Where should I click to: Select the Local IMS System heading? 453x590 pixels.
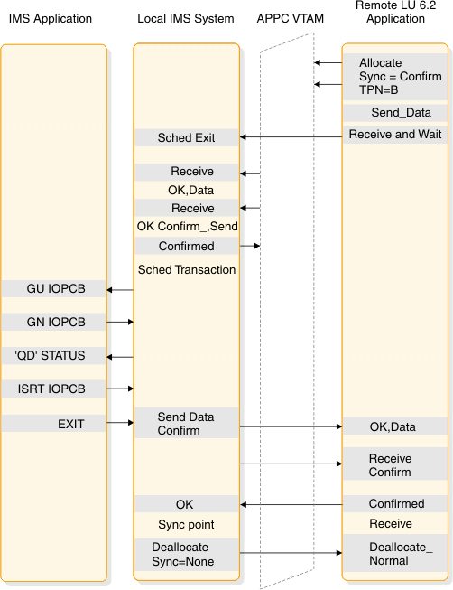[x=186, y=18]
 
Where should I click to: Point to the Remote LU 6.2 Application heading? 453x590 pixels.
[x=395, y=13]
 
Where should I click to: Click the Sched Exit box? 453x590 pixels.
[x=187, y=137]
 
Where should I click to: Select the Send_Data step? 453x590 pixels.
[x=401, y=113]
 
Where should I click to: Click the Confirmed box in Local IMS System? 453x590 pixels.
[x=187, y=246]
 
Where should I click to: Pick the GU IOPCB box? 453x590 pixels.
[x=55, y=289]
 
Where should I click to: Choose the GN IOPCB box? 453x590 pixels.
[x=55, y=322]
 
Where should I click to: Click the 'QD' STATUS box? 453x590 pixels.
[x=55, y=355]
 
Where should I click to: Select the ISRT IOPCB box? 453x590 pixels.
[x=55, y=389]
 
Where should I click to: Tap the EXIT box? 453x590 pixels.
[x=55, y=423]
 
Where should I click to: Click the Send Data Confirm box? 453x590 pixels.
[x=187, y=424]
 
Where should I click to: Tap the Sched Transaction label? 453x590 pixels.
[x=187, y=269]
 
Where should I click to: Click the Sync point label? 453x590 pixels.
[x=187, y=524]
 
